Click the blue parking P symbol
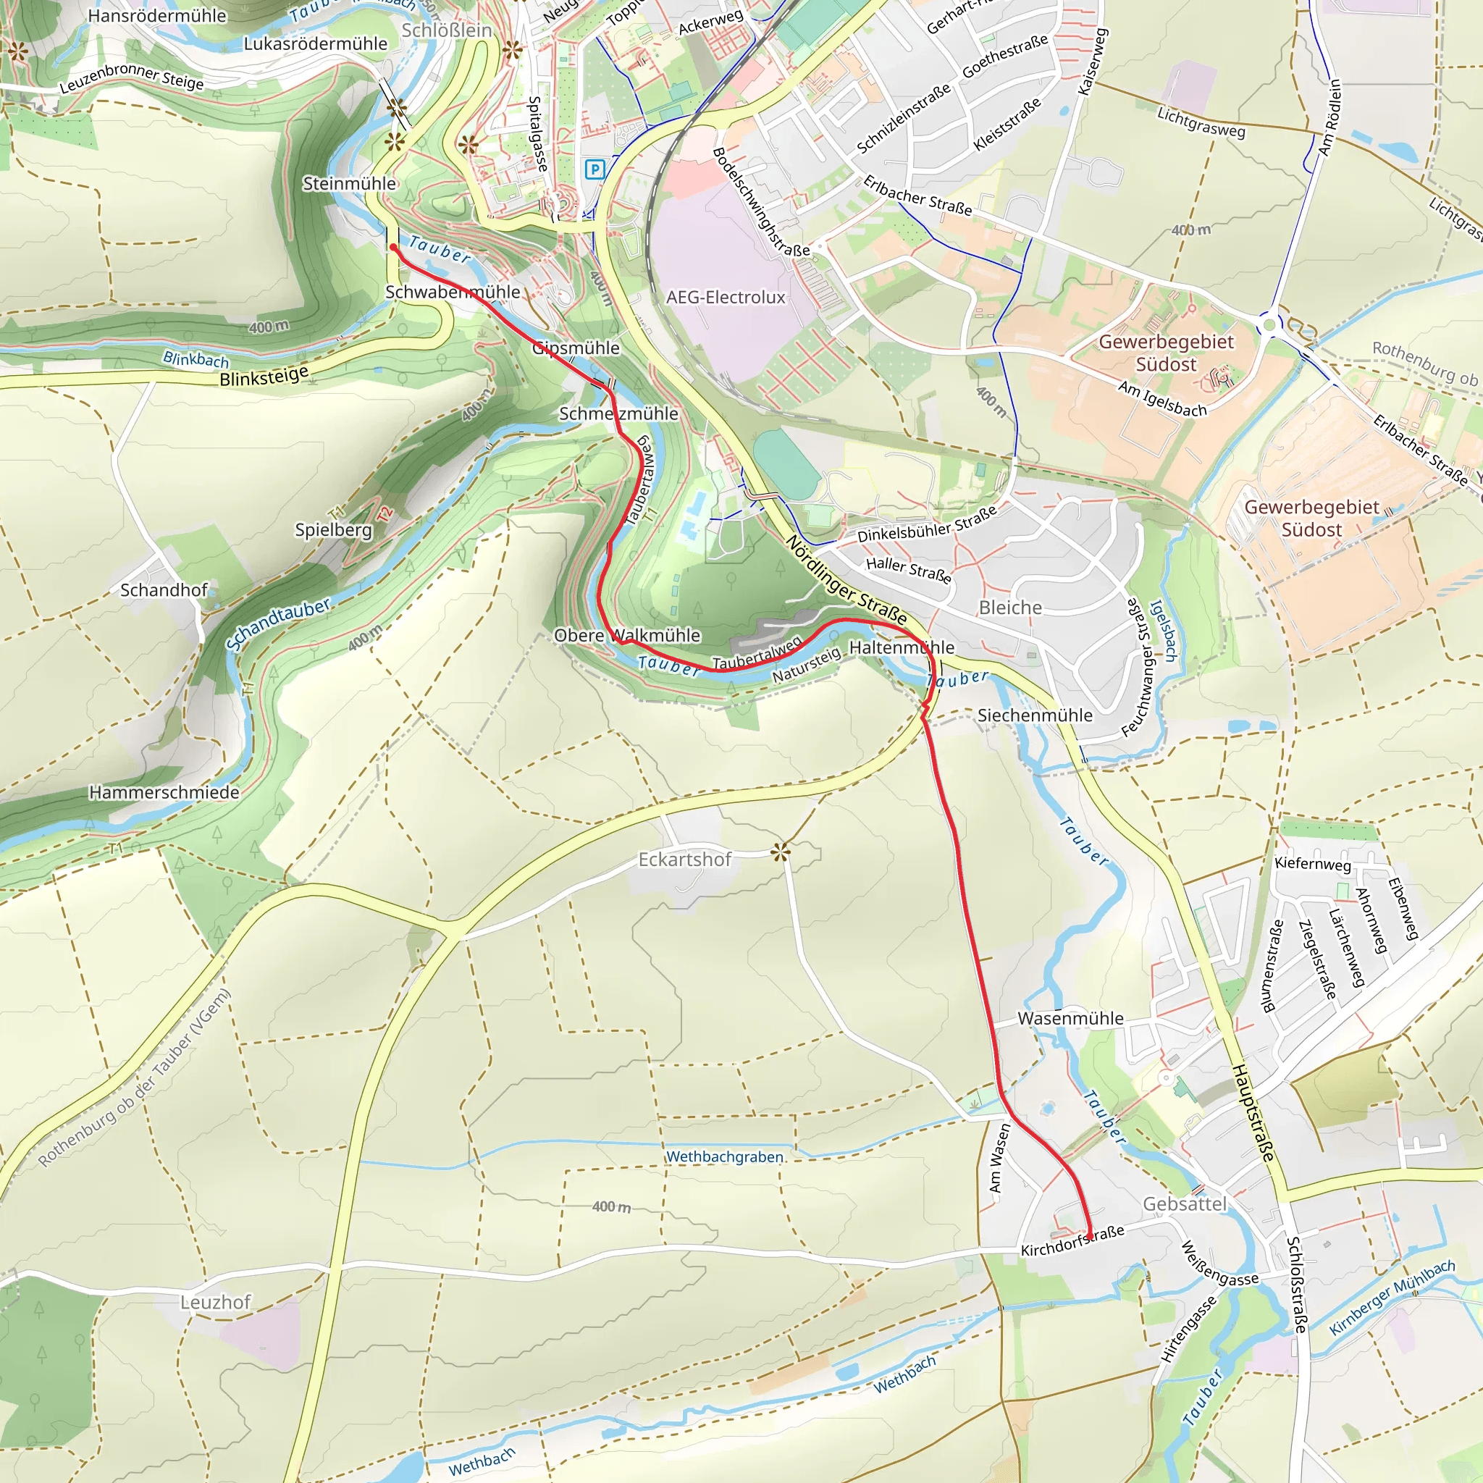595,169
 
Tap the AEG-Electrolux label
726,297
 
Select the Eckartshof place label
685,859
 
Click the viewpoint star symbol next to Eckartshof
781,852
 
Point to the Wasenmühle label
1070,1019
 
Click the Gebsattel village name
1185,1203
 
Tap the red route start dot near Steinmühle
393,247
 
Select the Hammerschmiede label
164,792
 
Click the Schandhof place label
164,590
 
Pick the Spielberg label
333,529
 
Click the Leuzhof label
216,1303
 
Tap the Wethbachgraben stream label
725,1156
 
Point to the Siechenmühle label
1035,715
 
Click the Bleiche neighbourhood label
1010,608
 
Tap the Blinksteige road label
264,376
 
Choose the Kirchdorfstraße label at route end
1072,1241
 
